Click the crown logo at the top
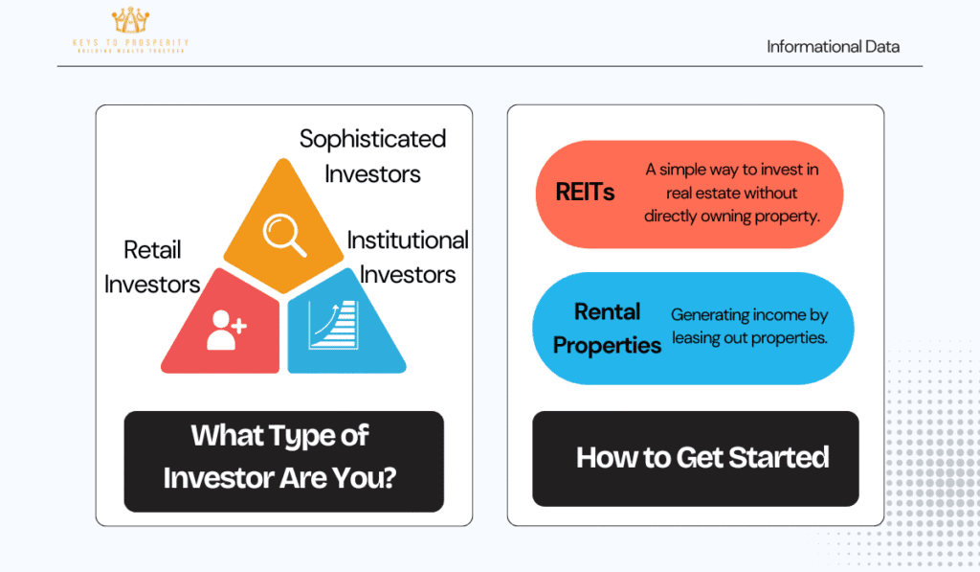[x=130, y=20]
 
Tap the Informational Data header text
[x=834, y=47]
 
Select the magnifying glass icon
[x=284, y=235]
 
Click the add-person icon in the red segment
[x=226, y=330]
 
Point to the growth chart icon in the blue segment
[x=334, y=325]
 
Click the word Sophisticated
[x=372, y=140]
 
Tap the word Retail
[x=152, y=250]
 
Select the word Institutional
[x=408, y=240]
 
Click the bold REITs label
[x=585, y=193]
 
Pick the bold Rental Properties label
[x=607, y=328]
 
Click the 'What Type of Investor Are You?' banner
[x=283, y=461]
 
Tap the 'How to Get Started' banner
[x=696, y=459]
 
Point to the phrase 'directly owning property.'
[x=732, y=216]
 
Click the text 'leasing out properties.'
[x=749, y=338]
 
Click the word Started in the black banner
[x=779, y=457]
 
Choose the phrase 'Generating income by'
[x=749, y=315]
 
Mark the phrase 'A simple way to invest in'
[x=732, y=170]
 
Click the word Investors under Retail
[x=152, y=285]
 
